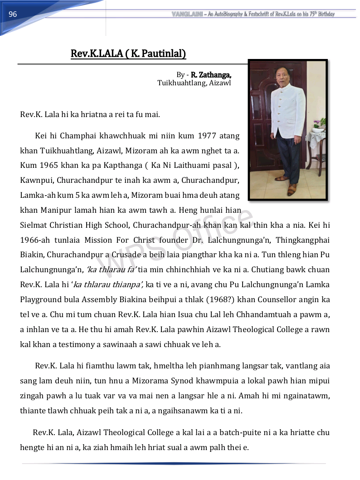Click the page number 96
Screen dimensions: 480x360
click(x=13, y=15)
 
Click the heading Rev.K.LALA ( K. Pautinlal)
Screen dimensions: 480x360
click(x=128, y=54)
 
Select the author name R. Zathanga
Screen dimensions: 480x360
click(x=211, y=75)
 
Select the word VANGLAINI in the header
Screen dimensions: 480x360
click(x=187, y=14)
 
